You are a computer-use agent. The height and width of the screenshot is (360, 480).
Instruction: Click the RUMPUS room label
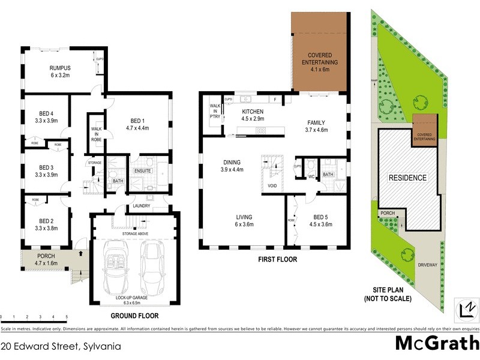point(59,68)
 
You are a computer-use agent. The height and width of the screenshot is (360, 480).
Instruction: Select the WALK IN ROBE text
point(96,134)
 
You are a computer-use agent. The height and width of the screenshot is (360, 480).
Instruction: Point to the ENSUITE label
point(142,171)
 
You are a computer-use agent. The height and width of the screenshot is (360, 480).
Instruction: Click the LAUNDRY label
point(142,206)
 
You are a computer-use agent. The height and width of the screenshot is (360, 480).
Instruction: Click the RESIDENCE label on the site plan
point(407,178)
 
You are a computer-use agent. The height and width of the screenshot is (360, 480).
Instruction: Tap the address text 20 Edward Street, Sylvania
point(61,346)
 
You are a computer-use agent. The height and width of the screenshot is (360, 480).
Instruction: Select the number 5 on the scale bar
point(67,317)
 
